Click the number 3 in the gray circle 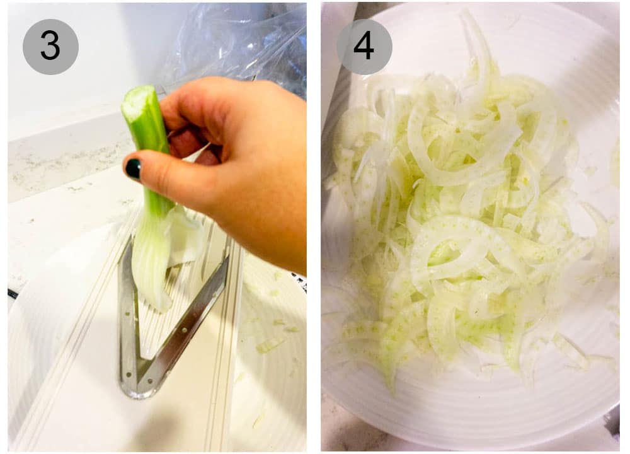pos(50,47)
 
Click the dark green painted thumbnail pos(134,169)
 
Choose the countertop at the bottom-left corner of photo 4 pos(334,435)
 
